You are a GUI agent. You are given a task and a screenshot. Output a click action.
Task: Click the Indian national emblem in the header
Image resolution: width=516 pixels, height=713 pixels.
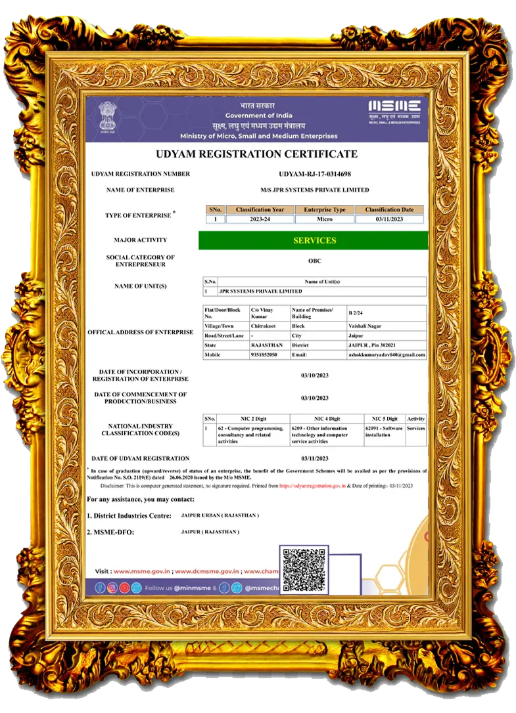pos(105,118)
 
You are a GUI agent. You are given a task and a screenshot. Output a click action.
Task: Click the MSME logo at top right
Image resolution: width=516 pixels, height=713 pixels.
pos(394,112)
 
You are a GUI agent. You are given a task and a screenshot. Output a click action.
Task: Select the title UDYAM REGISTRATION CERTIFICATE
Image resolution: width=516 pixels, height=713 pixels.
pos(256,154)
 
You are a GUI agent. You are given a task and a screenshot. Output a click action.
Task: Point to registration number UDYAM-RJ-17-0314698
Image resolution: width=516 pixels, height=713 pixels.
pos(315,174)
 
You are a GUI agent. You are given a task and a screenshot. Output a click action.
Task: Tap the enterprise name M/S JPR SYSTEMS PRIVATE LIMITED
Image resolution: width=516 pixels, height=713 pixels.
pos(315,190)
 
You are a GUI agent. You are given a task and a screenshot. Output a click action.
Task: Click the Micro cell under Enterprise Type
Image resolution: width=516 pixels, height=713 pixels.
pos(324,219)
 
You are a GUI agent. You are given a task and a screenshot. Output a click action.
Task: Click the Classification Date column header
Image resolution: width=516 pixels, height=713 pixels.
pos(390,209)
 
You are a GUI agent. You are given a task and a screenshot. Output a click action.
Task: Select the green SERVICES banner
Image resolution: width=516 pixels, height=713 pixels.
pos(314,240)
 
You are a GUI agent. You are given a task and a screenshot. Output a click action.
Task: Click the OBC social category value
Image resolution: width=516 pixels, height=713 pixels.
pos(315,261)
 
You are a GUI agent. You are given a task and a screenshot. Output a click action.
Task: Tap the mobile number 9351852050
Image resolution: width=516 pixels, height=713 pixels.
pos(264,355)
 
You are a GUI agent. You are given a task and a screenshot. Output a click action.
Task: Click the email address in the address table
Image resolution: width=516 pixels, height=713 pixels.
pos(387,355)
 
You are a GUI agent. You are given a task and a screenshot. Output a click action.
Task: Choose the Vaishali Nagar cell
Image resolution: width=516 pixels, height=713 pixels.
pos(365,326)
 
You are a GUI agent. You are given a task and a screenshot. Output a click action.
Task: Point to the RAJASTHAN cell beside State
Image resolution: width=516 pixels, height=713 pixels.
pos(267,345)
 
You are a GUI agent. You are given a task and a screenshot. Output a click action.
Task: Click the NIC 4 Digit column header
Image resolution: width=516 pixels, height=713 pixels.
pos(327,418)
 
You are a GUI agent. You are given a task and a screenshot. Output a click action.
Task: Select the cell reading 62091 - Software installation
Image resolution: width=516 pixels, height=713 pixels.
pos(383,431)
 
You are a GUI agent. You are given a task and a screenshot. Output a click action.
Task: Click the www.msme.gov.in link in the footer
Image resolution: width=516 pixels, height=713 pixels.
pos(143,571)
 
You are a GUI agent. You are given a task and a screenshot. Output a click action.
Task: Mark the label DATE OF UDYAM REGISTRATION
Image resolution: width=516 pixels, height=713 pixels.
pos(141,458)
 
